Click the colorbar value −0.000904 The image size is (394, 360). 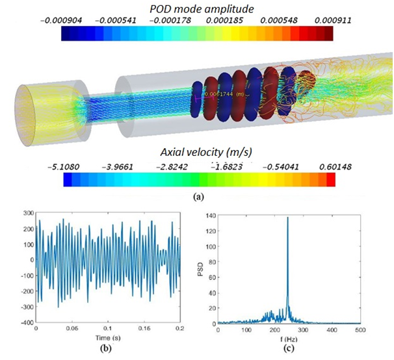[x=81, y=21]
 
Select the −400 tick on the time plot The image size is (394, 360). [x=25, y=322]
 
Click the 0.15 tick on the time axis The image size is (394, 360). [x=145, y=329]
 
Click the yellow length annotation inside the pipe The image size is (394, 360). [x=225, y=94]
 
